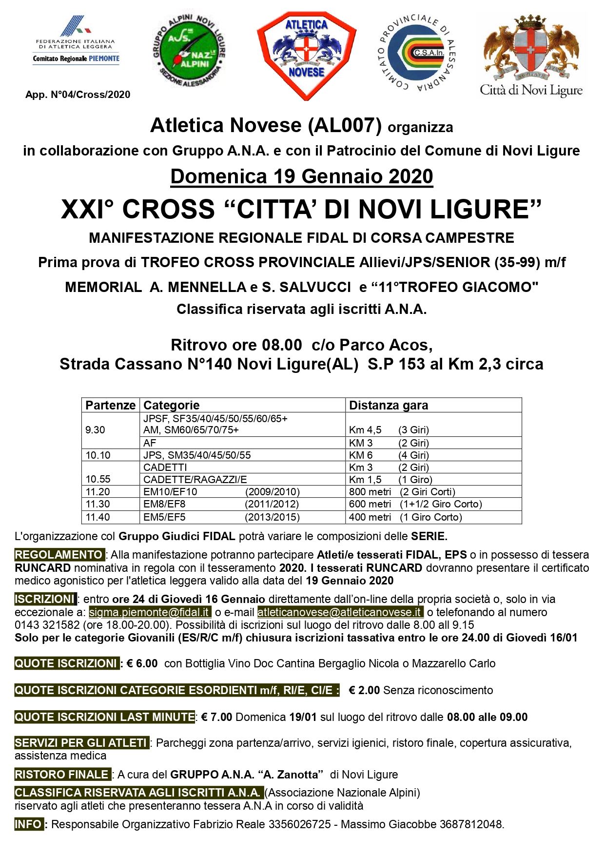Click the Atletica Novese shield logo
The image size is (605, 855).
click(x=306, y=55)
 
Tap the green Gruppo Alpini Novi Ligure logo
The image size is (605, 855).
click(x=189, y=52)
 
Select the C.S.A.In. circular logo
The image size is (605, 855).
click(x=417, y=53)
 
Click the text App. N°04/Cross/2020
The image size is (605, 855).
click(x=78, y=95)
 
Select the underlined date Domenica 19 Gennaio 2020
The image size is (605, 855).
click(x=302, y=176)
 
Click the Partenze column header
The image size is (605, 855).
click(x=110, y=405)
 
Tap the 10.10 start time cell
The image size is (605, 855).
click(x=98, y=455)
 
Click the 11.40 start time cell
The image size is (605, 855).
click(x=98, y=517)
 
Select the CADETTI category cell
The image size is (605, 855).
click(x=165, y=467)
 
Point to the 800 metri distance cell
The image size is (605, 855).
click(x=370, y=492)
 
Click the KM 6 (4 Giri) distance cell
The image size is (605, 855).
click(x=389, y=455)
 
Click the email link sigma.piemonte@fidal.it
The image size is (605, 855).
click(x=150, y=612)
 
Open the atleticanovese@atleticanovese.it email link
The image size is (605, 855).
click(x=340, y=612)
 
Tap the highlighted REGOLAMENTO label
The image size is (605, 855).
click(x=59, y=555)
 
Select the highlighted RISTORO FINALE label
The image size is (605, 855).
click(x=62, y=775)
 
